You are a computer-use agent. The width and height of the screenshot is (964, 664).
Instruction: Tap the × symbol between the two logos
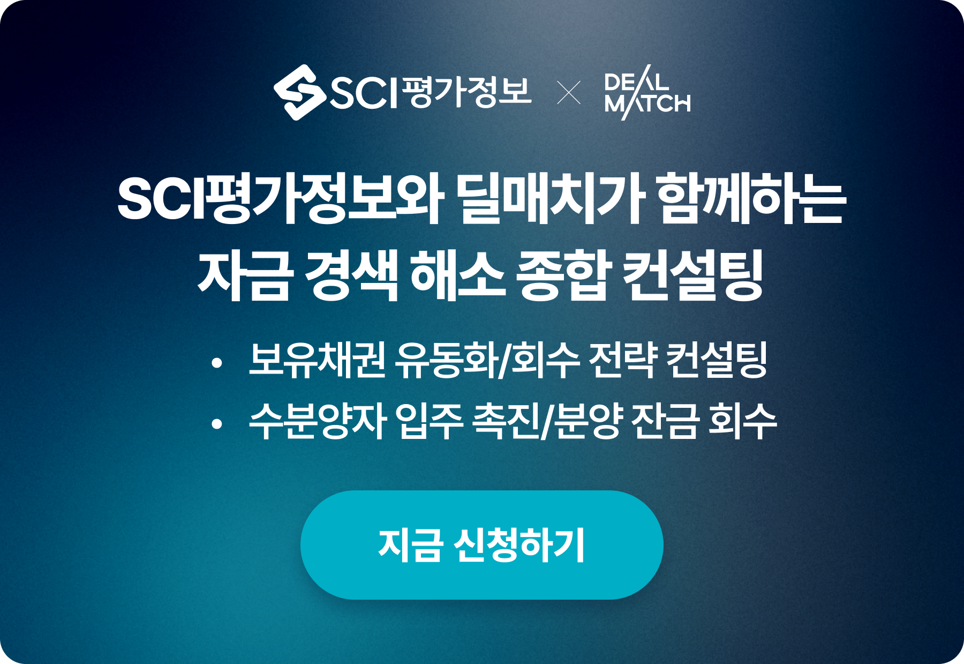pos(569,92)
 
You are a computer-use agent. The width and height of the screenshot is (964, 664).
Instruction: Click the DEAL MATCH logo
pos(647,92)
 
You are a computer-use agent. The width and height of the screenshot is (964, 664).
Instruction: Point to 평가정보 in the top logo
pos(466,92)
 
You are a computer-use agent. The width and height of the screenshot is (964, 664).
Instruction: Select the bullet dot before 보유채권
pos(216,363)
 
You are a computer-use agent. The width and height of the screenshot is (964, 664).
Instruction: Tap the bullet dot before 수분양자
pos(216,424)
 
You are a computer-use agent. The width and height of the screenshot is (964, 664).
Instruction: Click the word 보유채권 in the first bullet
pos(318,360)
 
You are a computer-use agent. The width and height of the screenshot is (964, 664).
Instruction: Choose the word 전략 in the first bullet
pos(623,360)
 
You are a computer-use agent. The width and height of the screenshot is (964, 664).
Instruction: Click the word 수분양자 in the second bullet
pos(318,421)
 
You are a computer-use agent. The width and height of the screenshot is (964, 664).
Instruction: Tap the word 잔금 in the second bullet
pos(665,421)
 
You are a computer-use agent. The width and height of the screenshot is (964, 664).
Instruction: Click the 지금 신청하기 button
pos(482,545)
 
